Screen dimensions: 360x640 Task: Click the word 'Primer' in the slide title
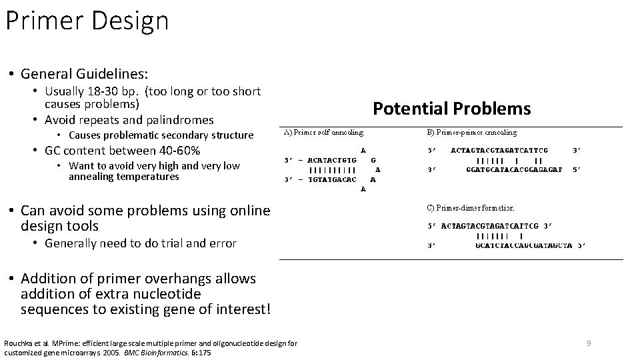pyautogui.click(x=41, y=21)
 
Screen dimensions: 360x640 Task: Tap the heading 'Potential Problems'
pyautogui.click(x=451, y=109)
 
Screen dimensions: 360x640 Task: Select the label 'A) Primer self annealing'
pyautogui.click(x=324, y=133)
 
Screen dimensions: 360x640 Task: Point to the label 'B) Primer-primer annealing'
pyautogui.click(x=471, y=133)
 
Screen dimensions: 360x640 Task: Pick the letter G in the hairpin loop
pyautogui.click(x=373, y=160)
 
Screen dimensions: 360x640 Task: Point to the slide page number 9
pyautogui.click(x=589, y=343)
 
